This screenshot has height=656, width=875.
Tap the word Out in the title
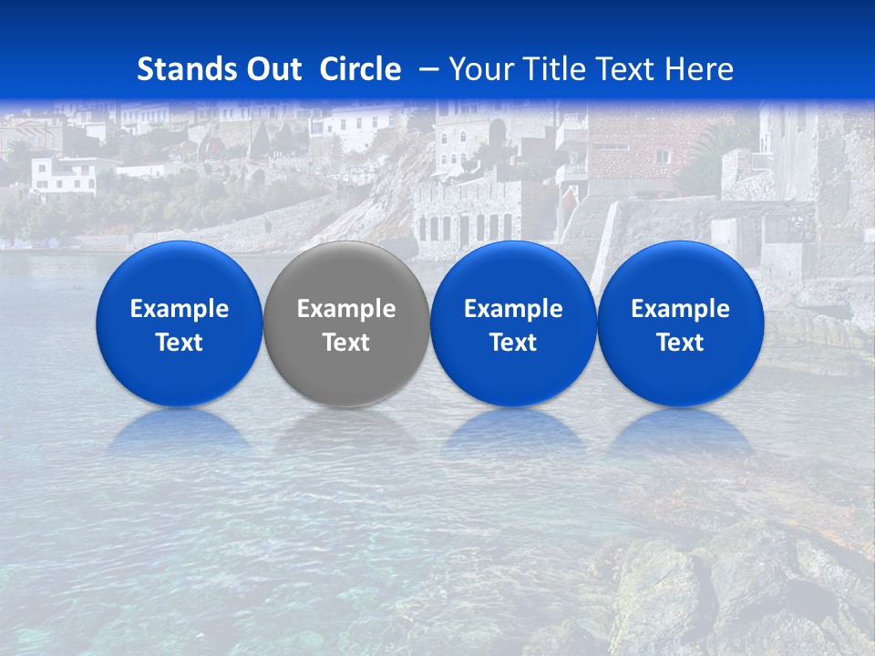(273, 69)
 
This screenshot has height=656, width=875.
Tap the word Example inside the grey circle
(346, 309)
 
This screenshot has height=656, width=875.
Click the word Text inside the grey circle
(346, 343)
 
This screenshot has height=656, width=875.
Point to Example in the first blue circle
(179, 309)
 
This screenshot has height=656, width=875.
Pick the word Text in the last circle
(680, 343)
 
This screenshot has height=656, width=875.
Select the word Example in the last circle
(680, 309)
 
